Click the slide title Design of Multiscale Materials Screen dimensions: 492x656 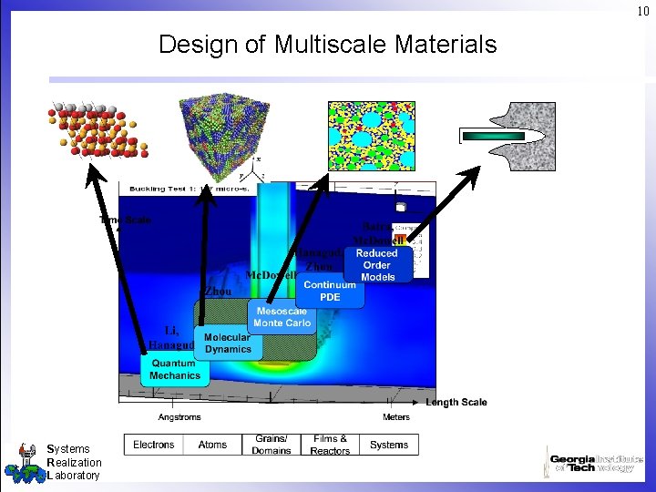328,44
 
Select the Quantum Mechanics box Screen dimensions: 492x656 175,369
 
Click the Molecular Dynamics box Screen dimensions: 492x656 228,342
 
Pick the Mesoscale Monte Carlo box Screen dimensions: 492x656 282,316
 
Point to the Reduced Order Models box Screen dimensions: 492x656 377,264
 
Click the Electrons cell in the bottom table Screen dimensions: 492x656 154,445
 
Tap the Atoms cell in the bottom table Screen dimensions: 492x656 212,445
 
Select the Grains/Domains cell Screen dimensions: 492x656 271,445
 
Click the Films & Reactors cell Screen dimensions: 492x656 330,445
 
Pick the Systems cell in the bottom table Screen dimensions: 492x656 389,445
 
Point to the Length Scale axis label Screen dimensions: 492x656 456,402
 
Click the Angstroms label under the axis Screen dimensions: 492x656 179,417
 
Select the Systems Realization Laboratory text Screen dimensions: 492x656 73,462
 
